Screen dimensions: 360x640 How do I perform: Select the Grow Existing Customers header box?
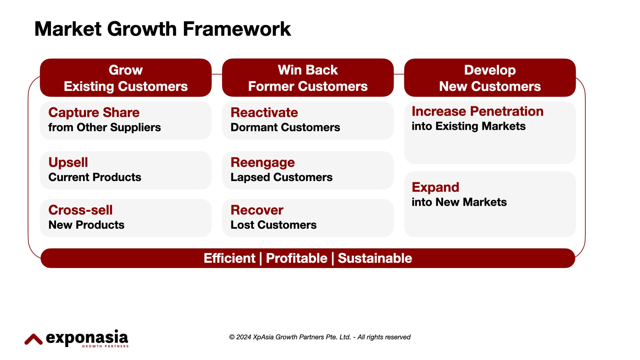[x=126, y=78]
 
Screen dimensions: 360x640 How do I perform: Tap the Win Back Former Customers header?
[x=308, y=78]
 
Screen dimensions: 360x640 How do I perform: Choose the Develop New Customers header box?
[x=490, y=78]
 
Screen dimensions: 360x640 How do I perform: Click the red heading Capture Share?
[x=94, y=113]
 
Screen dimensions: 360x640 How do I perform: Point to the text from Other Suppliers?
[x=104, y=127]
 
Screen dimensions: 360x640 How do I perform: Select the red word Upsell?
[x=68, y=162]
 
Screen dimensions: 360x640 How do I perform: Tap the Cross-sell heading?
[x=80, y=210]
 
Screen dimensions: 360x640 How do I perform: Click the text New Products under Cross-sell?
[x=86, y=225]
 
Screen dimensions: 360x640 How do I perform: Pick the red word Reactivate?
[x=264, y=113]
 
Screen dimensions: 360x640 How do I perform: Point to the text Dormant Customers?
[x=285, y=127]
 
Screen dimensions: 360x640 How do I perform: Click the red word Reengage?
[x=262, y=162]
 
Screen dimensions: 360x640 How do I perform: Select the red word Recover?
[x=257, y=210]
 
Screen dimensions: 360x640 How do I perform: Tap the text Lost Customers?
[x=273, y=225]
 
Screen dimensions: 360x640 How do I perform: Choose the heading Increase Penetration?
[x=477, y=111]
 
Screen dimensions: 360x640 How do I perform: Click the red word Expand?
[x=435, y=187]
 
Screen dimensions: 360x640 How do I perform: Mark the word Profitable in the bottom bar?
[x=296, y=258]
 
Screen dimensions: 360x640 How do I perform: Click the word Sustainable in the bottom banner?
[x=375, y=258]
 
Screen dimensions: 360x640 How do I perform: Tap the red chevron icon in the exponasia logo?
[x=33, y=339]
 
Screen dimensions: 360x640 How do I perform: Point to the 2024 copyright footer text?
[x=320, y=337]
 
